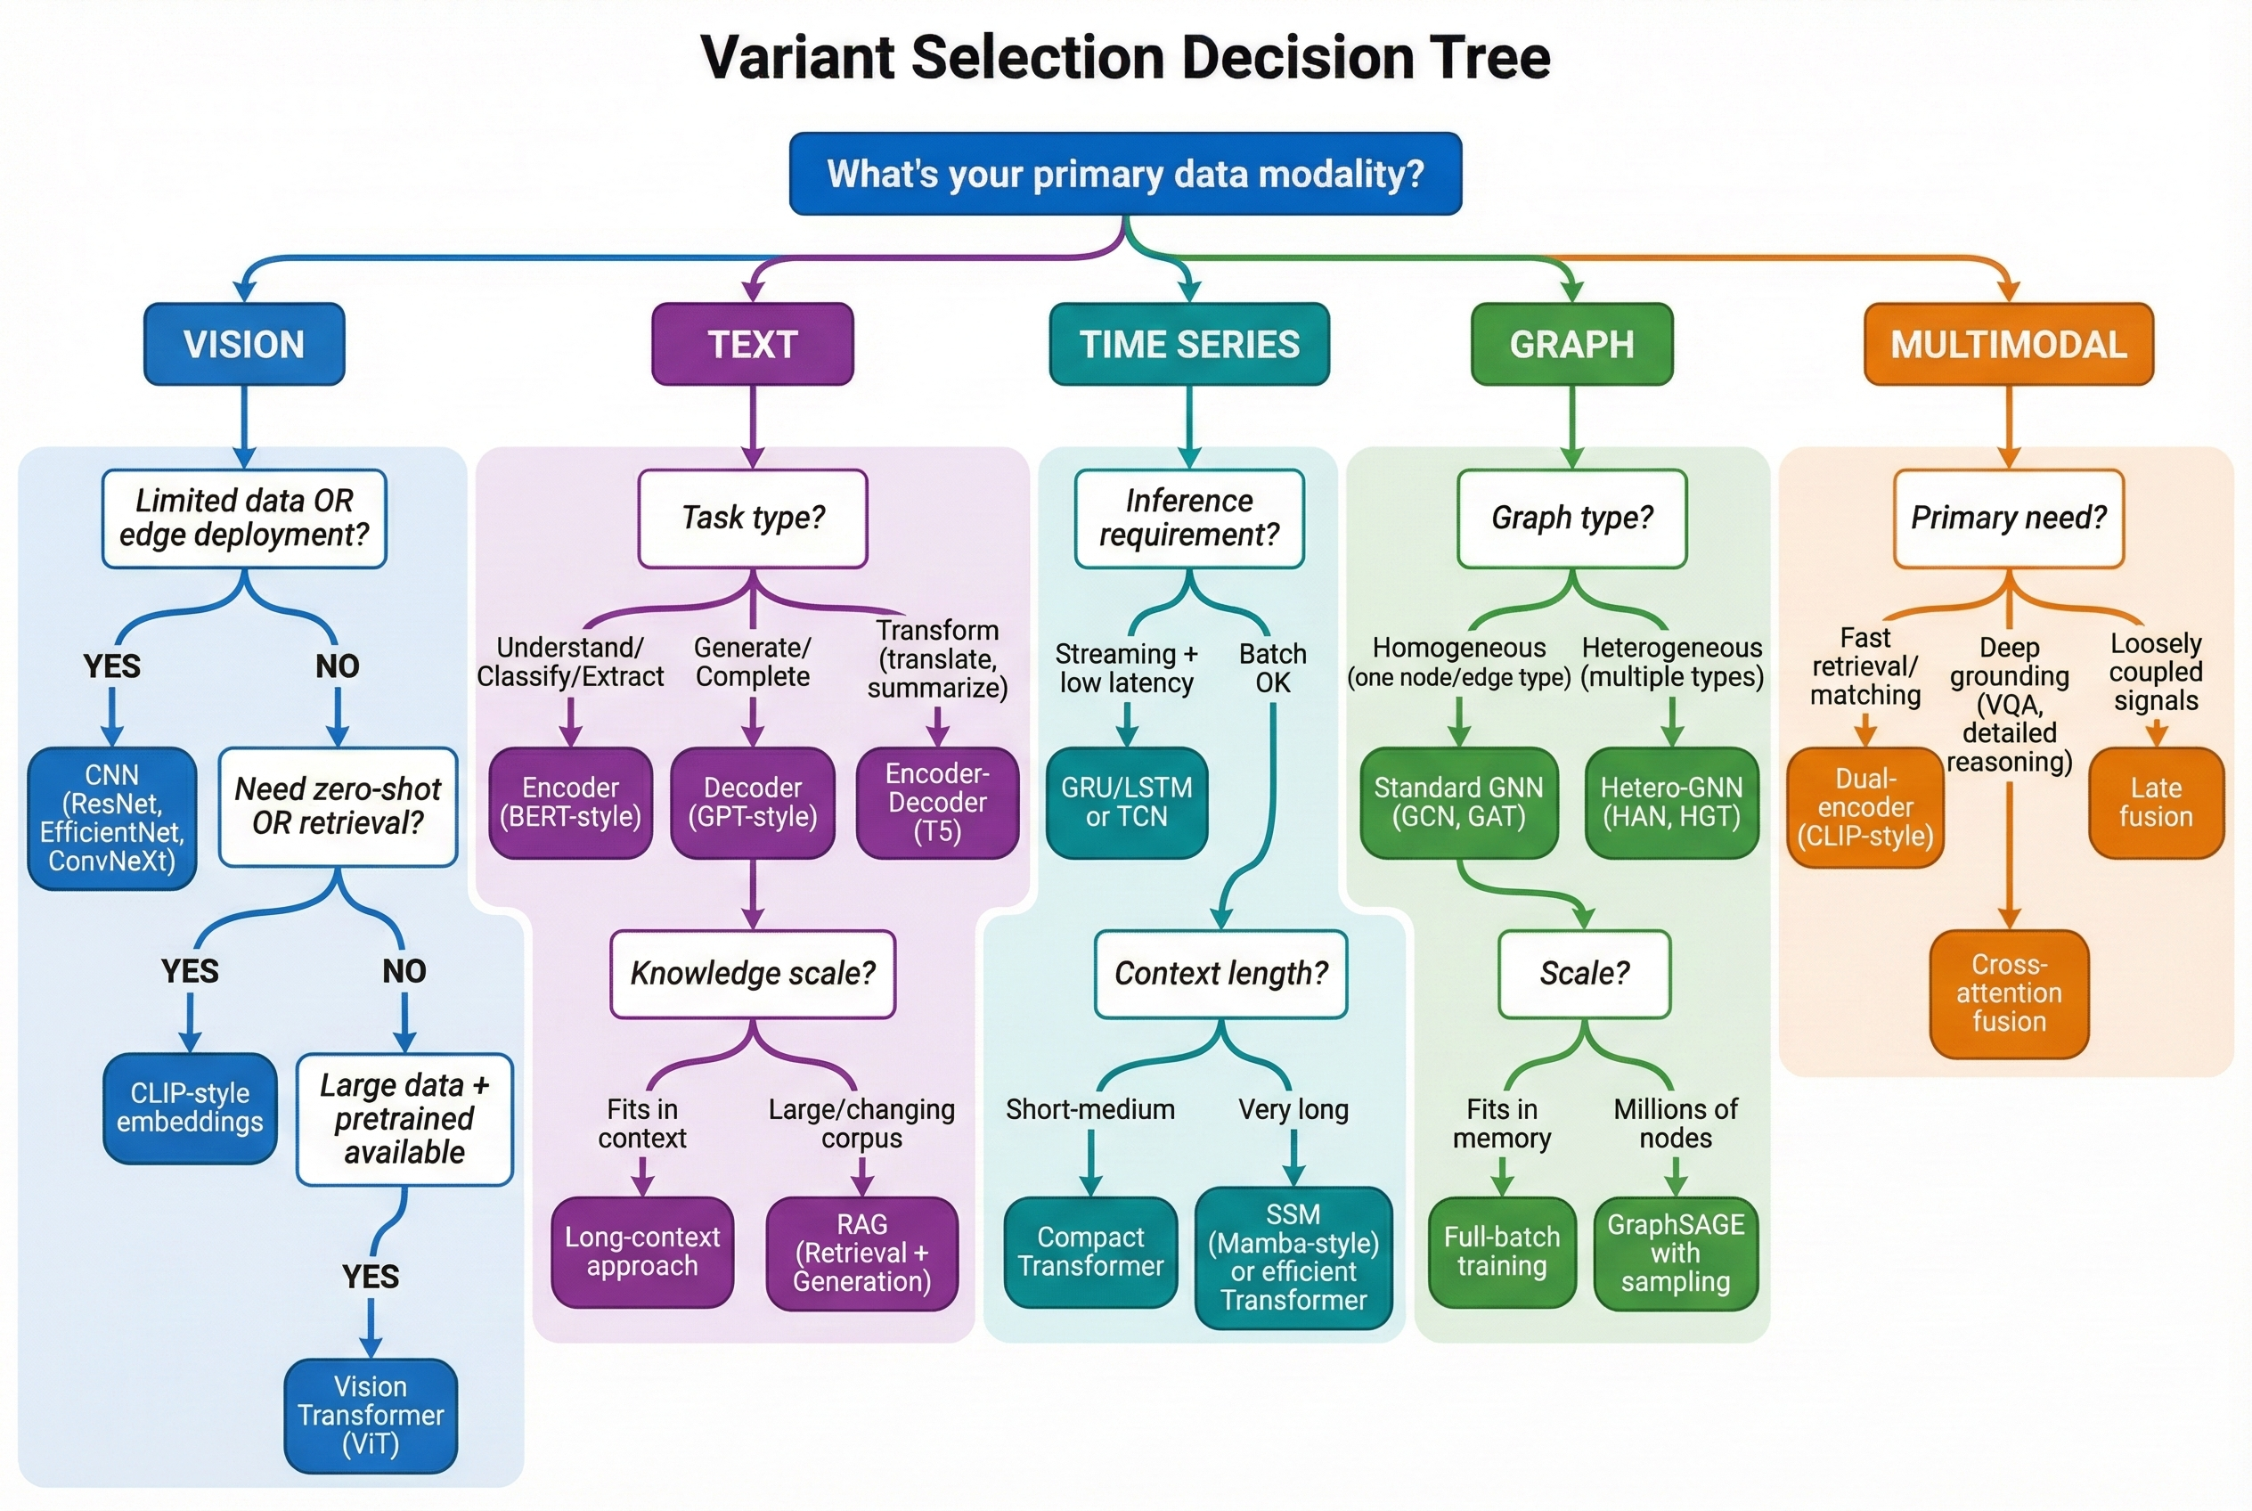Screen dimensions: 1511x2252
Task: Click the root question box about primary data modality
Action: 1124,174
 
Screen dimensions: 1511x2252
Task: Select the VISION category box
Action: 244,344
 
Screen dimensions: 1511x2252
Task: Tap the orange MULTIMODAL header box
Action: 2008,344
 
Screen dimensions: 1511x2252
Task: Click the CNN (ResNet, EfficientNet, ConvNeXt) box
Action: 111,817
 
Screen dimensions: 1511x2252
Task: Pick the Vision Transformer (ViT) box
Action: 370,1415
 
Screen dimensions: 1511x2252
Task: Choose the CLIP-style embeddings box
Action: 190,1107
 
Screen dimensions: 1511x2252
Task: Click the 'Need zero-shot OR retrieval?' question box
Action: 338,805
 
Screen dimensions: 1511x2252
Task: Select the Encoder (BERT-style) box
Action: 570,802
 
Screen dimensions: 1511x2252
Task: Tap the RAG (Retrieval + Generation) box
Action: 861,1252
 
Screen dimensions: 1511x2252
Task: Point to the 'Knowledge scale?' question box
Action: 753,973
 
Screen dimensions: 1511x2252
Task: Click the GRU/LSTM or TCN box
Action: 1127,802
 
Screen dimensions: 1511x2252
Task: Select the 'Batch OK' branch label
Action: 1272,668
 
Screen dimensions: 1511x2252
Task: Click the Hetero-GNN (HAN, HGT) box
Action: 1671,802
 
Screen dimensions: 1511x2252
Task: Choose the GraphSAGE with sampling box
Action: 1675,1252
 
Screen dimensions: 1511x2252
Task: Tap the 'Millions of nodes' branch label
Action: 1675,1123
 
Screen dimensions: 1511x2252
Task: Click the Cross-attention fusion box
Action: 2008,992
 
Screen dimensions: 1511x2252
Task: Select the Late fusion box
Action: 2155,802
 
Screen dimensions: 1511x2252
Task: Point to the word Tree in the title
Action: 1490,58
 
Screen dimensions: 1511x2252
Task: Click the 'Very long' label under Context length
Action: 1293,1109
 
